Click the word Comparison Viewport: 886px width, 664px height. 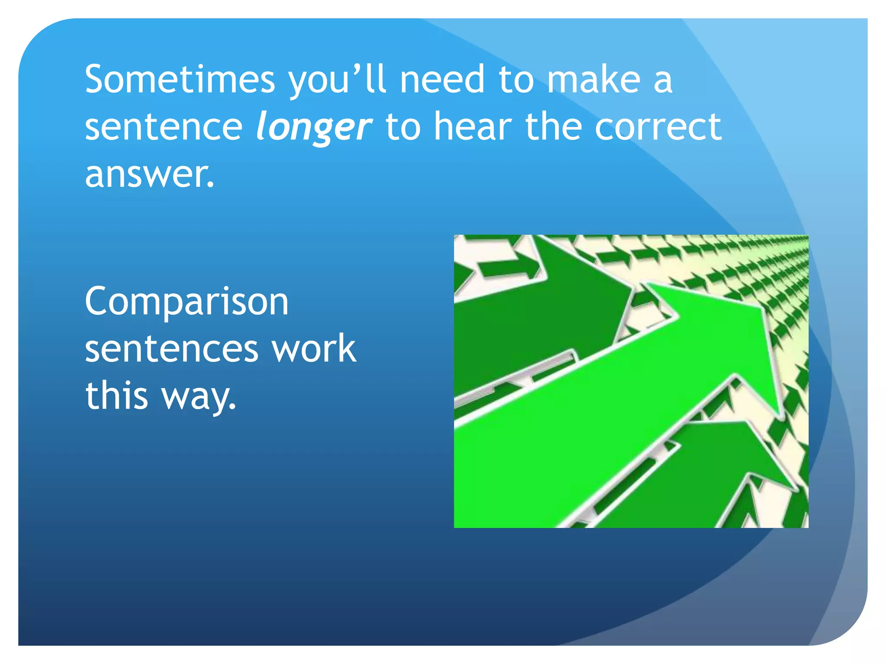pyautogui.click(x=186, y=303)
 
